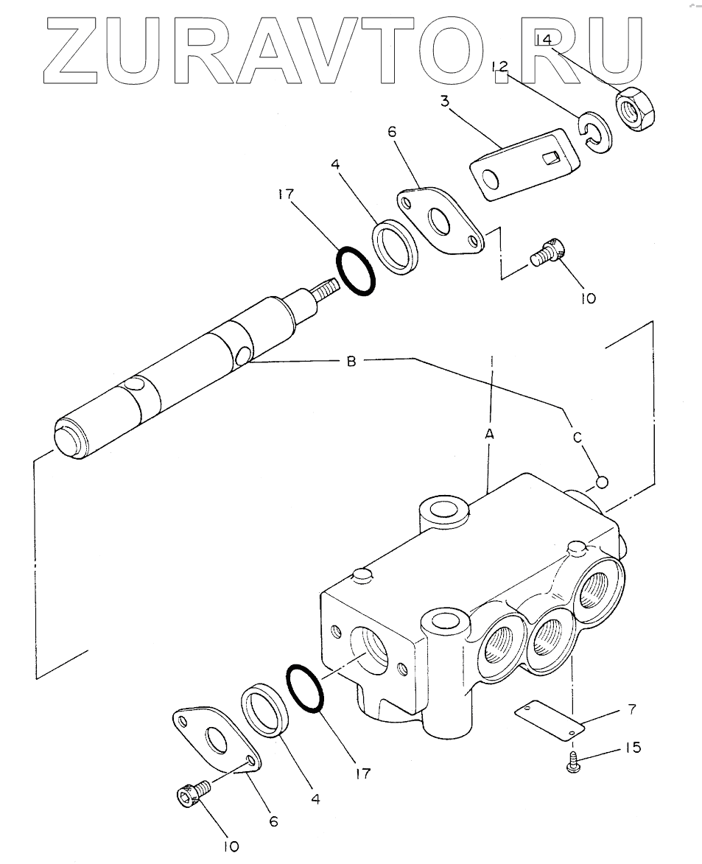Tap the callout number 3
tap(445, 102)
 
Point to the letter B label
tap(351, 362)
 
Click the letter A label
tap(489, 434)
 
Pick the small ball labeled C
tap(602, 482)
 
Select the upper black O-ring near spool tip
tap(356, 270)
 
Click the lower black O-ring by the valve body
tap(305, 689)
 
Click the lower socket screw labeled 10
tap(192, 791)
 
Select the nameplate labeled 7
tap(550, 720)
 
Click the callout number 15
tap(633, 748)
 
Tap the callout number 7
tap(631, 709)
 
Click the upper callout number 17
tap(286, 194)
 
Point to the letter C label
tap(577, 438)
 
